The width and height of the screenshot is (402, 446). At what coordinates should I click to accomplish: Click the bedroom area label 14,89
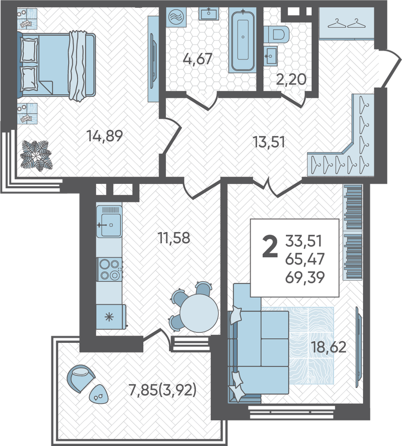pyautogui.click(x=105, y=136)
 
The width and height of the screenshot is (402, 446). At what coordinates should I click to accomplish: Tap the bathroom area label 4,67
pyautogui.click(x=198, y=59)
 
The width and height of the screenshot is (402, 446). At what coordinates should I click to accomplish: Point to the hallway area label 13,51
pyautogui.click(x=269, y=142)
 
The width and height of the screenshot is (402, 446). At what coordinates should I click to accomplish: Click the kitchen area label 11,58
pyautogui.click(x=174, y=238)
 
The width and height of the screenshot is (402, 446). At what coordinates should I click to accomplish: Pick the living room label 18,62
pyautogui.click(x=328, y=347)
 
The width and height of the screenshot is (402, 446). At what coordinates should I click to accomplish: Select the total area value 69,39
pyautogui.click(x=305, y=277)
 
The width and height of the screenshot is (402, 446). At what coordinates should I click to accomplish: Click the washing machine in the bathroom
pyautogui.click(x=176, y=17)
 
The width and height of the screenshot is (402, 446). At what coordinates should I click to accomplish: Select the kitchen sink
pyautogui.click(x=109, y=222)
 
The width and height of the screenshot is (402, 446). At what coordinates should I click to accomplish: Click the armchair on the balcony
pyautogui.click(x=81, y=378)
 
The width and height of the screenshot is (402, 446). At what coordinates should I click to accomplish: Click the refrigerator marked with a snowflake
pyautogui.click(x=111, y=317)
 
